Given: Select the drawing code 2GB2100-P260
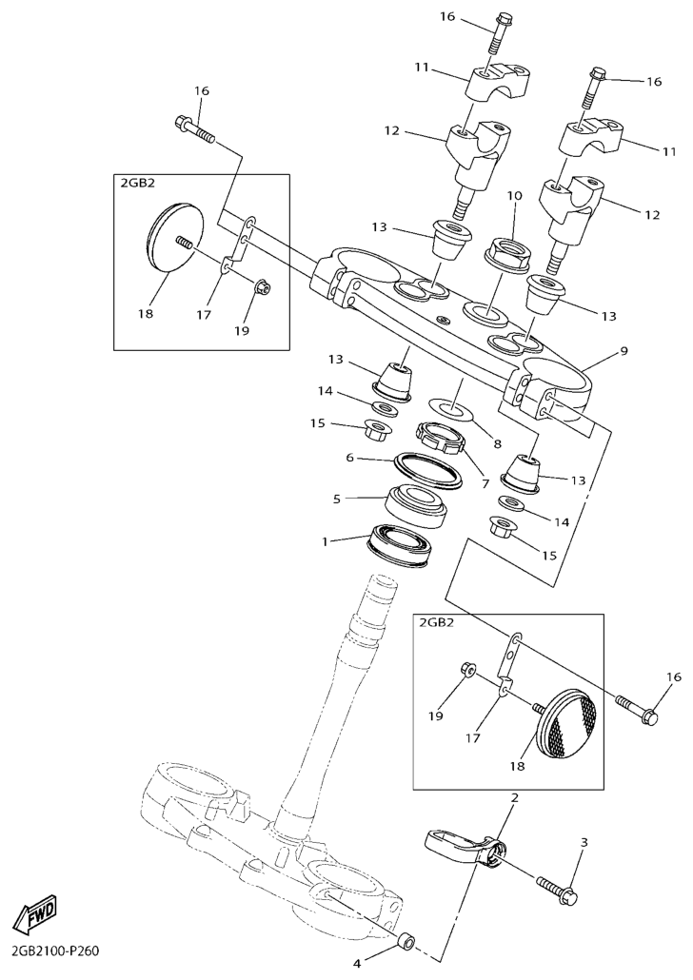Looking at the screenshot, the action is coord(55,952).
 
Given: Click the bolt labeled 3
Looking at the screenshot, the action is coord(557,891).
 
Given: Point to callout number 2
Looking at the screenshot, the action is coord(515,797).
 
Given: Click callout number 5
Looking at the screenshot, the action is coord(336,500).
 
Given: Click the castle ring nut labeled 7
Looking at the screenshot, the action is coord(441,437).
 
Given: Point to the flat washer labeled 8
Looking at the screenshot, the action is coord(450,409).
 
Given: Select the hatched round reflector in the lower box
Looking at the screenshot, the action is coord(568,723).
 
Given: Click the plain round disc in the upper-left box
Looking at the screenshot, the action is coord(177,236).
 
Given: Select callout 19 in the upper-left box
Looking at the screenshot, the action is coord(242,330).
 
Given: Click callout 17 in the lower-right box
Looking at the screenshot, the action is coord(472,738).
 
